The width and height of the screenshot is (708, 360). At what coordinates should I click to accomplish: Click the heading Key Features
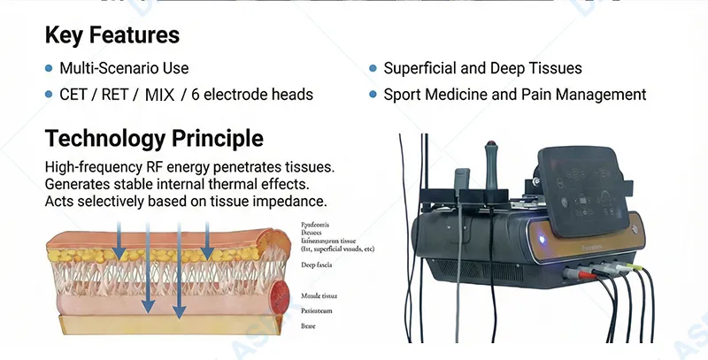[112, 35]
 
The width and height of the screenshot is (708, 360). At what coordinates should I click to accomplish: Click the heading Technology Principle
[154, 138]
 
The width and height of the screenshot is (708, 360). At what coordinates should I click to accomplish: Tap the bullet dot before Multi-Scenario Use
[49, 68]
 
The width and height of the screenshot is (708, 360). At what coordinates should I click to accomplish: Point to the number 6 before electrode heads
[196, 95]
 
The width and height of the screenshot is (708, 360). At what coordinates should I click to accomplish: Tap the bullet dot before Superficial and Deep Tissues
[373, 68]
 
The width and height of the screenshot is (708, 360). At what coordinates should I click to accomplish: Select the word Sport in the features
[404, 95]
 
